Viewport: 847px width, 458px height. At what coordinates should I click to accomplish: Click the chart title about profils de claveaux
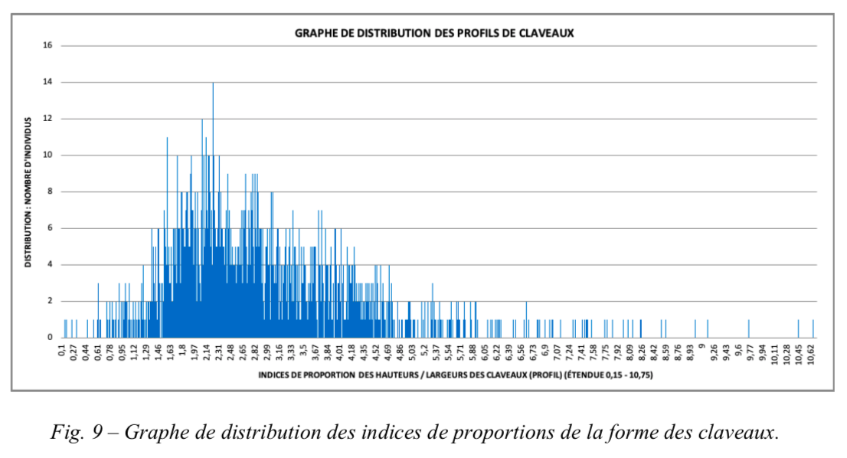(x=434, y=34)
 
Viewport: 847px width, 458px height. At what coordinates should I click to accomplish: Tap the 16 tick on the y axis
(x=47, y=45)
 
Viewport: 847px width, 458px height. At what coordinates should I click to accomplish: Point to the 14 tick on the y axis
(x=47, y=82)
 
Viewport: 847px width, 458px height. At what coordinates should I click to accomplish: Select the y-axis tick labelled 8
(x=49, y=192)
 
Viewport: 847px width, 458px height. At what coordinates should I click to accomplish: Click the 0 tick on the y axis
(x=49, y=338)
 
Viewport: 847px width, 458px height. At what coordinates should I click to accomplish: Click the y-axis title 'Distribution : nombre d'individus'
(x=28, y=192)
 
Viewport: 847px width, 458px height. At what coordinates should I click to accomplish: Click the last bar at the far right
(x=813, y=329)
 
